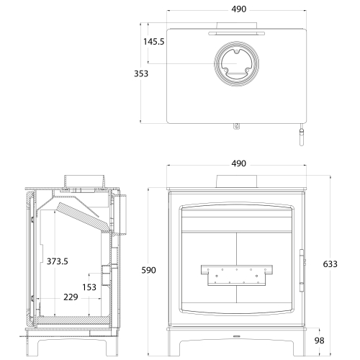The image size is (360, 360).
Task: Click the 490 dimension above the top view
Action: pyautogui.click(x=239, y=9)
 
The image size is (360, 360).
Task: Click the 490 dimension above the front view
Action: pyautogui.click(x=239, y=163)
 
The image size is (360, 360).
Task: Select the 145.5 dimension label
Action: pyautogui.click(x=154, y=42)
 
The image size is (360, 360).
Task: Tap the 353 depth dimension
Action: pyautogui.click(x=141, y=73)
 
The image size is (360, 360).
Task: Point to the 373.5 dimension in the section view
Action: pyautogui.click(x=58, y=261)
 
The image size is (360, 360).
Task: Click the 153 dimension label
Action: pyautogui.click(x=89, y=287)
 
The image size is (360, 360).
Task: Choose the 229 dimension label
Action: pyautogui.click(x=71, y=297)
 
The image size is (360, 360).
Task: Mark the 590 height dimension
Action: pyautogui.click(x=148, y=270)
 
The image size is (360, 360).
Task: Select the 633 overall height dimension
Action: pyautogui.click(x=330, y=264)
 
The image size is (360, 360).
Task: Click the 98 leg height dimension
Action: pyautogui.click(x=319, y=341)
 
